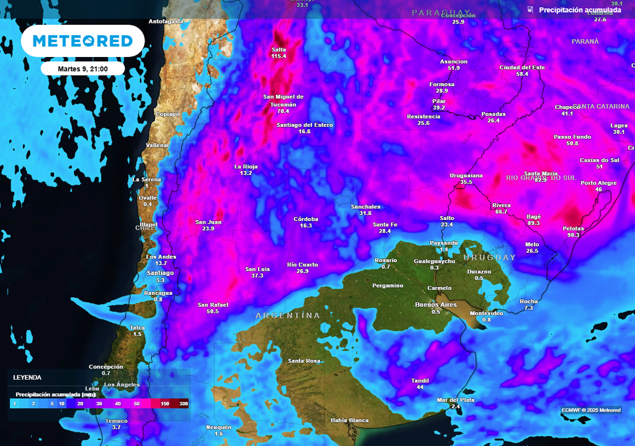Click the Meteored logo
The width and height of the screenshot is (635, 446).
(x=82, y=41)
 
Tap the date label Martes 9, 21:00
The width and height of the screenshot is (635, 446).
(x=82, y=68)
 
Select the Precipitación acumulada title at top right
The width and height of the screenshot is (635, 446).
(x=580, y=10)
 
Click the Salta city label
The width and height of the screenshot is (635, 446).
(x=278, y=50)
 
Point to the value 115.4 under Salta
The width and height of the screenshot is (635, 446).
(x=278, y=56)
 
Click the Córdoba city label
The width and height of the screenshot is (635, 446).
(x=306, y=219)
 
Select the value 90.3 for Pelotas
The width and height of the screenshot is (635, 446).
(x=573, y=235)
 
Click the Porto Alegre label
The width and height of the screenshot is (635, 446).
(x=598, y=183)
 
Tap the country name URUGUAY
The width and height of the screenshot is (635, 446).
(x=489, y=257)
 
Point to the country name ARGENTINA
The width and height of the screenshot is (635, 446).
(x=288, y=316)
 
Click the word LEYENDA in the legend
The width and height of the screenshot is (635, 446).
(x=27, y=377)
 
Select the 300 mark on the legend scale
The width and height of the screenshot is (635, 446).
(x=184, y=404)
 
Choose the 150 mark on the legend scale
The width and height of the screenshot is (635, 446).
(x=165, y=404)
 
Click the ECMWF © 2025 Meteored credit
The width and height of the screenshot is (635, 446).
(x=591, y=410)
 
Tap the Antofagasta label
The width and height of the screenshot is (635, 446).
(x=166, y=21)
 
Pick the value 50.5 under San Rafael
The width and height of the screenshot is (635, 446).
(x=213, y=312)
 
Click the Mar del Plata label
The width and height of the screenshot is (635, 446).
(x=456, y=400)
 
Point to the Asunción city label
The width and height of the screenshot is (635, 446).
(x=453, y=61)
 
